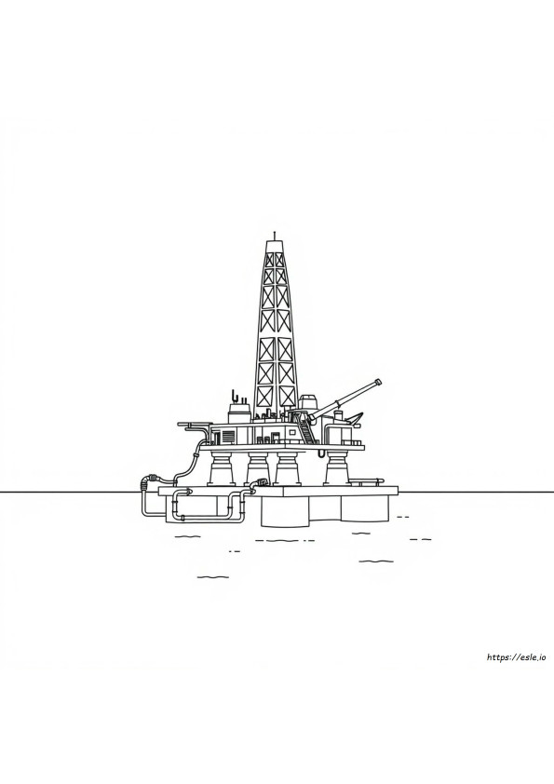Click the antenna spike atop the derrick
(274, 236)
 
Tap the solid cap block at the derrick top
(274, 246)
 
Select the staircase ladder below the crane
(306, 427)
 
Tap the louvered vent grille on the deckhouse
(227, 436)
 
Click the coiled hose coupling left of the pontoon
(147, 481)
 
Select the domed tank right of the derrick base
(308, 402)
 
